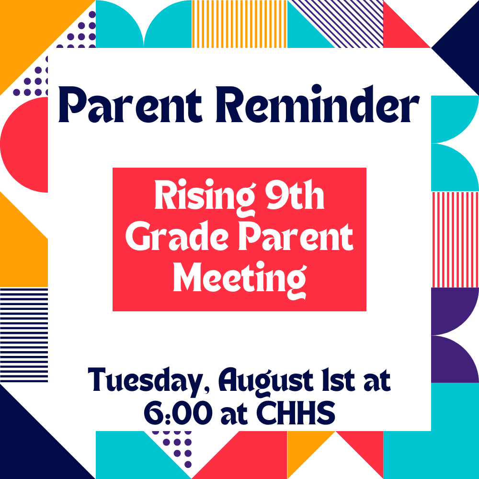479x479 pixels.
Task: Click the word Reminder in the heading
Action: tap(318, 104)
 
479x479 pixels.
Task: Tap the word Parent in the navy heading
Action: tap(130, 104)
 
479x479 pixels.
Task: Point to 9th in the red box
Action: tap(295, 194)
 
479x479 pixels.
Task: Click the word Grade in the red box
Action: tap(177, 236)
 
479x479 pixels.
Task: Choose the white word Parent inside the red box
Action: tap(296, 236)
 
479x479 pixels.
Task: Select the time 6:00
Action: tap(178, 413)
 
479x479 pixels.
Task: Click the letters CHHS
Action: tap(296, 413)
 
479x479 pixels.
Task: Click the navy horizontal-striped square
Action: tap(24, 335)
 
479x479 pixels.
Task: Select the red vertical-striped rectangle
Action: tap(455, 239)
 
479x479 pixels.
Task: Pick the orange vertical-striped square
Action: tap(239, 24)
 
